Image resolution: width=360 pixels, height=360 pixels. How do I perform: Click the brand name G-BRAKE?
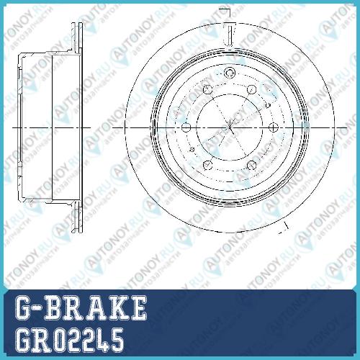[81, 307]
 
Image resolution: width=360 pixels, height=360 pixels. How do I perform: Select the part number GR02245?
[70, 340]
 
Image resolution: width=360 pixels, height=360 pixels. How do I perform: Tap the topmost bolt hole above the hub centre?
[230, 73]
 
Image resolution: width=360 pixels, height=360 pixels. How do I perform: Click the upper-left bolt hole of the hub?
[208, 89]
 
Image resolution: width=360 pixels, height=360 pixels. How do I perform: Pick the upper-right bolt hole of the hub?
[251, 89]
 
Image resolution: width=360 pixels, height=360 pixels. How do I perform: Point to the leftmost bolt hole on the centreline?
[186, 127]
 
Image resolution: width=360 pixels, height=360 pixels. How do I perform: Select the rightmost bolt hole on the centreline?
[273, 127]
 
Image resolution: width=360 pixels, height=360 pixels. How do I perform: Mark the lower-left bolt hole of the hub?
[208, 165]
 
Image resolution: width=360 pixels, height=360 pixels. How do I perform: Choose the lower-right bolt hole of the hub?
[251, 165]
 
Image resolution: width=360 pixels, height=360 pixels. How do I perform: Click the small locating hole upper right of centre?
[268, 105]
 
